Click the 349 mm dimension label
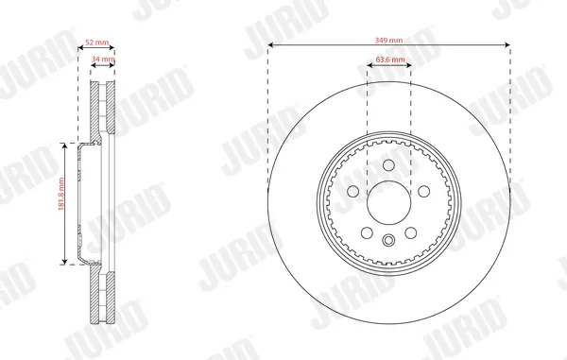(x=388, y=40)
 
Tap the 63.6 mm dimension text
(x=390, y=59)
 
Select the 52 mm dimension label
(x=97, y=43)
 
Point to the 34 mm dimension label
(x=103, y=59)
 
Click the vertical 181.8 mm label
(x=60, y=194)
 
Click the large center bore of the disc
(x=388, y=203)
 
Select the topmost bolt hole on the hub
(x=388, y=165)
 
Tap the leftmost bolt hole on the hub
(x=352, y=191)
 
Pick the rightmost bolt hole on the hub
(x=423, y=191)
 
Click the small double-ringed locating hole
(x=388, y=240)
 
